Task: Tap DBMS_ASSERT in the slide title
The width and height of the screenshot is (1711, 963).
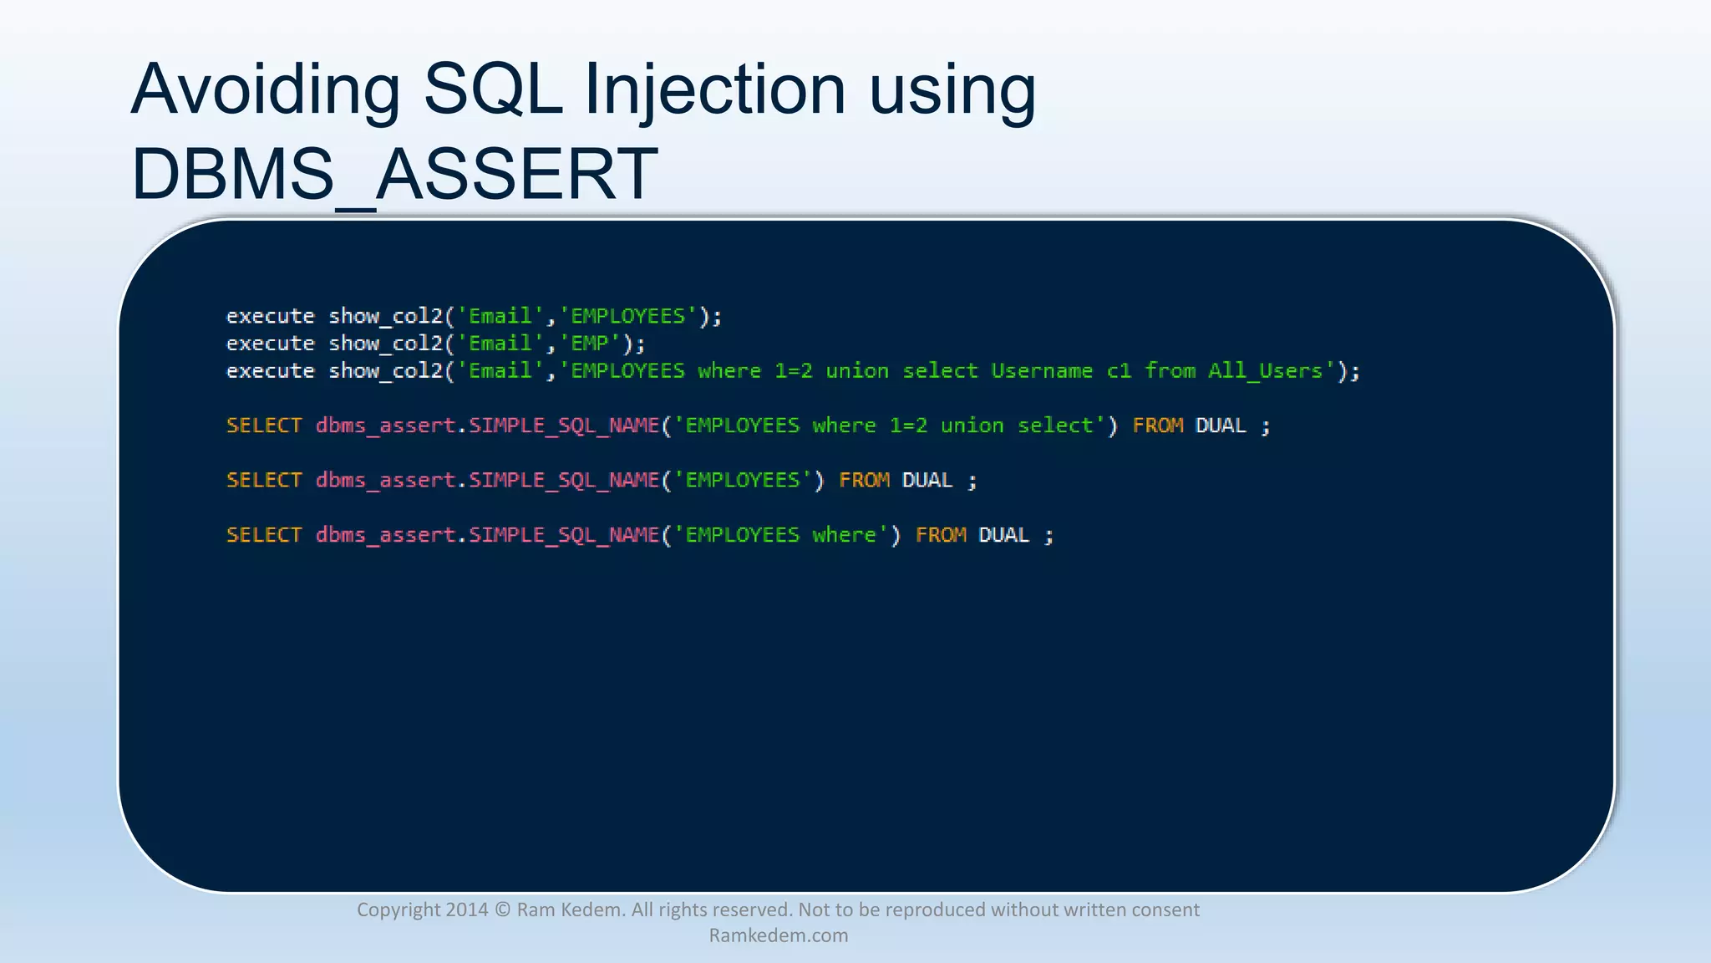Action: click(x=394, y=174)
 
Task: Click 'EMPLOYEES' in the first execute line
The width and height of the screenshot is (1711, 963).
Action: click(x=627, y=316)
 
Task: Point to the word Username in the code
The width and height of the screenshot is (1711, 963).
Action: click(x=1042, y=371)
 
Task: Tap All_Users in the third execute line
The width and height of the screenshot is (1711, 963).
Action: click(x=1265, y=371)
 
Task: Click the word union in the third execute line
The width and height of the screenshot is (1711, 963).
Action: click(x=857, y=371)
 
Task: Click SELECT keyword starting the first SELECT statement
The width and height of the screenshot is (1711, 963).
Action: click(x=264, y=425)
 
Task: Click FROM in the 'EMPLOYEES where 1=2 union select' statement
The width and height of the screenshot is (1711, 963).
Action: click(x=1157, y=425)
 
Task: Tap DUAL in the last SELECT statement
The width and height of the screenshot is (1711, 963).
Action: click(x=1003, y=535)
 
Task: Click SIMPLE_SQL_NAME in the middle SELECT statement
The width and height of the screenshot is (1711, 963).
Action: click(x=564, y=481)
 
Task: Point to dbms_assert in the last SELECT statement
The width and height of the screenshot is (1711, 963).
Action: click(x=385, y=535)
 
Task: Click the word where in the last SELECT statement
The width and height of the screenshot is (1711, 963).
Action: click(x=844, y=535)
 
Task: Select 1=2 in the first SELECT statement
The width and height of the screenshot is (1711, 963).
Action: click(x=908, y=425)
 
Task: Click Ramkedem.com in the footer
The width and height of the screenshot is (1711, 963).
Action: click(x=778, y=935)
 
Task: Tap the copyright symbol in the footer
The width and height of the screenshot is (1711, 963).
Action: click(x=502, y=909)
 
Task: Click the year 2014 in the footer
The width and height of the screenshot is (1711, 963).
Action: click(x=466, y=909)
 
